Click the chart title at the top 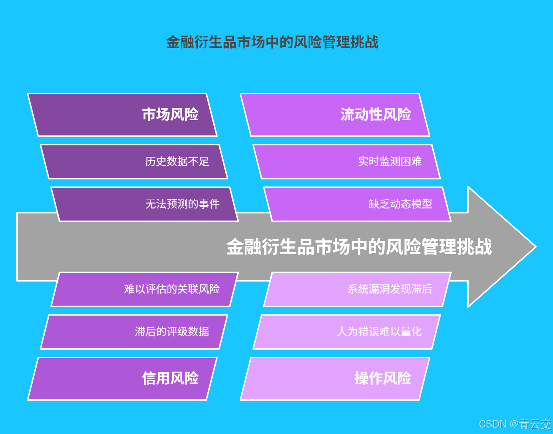coord(272,42)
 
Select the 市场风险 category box coord(122,115)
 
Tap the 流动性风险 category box coord(335,115)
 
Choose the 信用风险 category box coord(122,378)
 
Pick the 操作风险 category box coord(335,378)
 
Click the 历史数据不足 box coord(134,162)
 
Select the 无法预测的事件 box coord(145,204)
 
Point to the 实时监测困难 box coord(347,162)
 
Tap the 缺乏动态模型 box coord(357,204)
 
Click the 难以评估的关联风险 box coord(145,289)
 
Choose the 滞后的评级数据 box coord(134,332)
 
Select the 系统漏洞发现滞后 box coord(357,289)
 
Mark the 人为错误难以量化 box coord(347,332)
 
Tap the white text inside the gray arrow coord(359,247)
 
